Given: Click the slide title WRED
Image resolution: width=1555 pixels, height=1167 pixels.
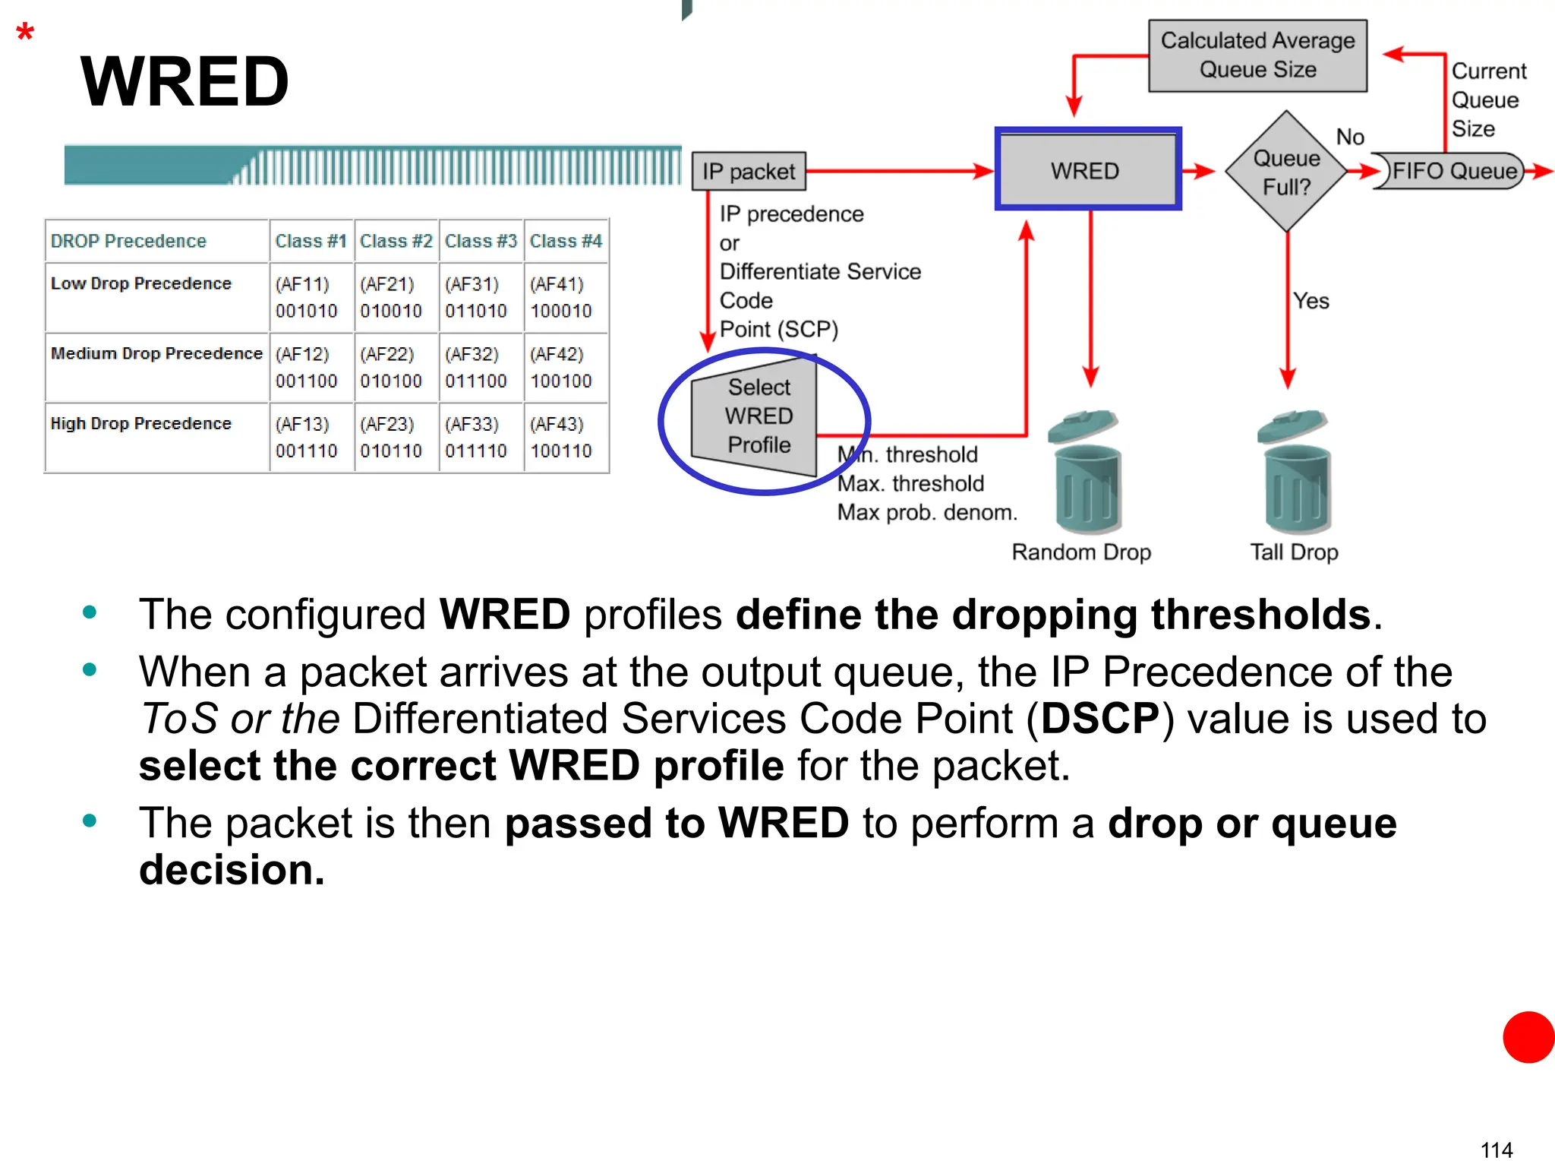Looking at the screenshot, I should [185, 81].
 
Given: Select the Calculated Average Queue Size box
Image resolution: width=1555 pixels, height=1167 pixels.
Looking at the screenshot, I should [1257, 55].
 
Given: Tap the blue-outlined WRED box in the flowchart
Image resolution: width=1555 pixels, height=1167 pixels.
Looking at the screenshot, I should [1087, 169].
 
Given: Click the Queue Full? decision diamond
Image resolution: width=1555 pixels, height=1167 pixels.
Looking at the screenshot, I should [1286, 172].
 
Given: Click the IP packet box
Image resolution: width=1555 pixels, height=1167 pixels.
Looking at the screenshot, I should [749, 172].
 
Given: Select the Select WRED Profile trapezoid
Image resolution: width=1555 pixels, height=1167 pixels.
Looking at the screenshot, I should [756, 416].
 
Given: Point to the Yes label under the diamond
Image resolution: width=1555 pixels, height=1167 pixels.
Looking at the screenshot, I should [1311, 301].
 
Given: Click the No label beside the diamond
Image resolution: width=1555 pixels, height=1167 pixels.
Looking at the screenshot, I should [1350, 137].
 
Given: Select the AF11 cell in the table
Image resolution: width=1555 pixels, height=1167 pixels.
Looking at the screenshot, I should [307, 297].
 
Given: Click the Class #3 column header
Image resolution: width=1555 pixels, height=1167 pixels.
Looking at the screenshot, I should [481, 241].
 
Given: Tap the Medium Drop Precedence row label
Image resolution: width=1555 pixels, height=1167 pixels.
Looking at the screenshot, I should [156, 353].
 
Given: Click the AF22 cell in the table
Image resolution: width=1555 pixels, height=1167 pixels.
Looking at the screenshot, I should [391, 367].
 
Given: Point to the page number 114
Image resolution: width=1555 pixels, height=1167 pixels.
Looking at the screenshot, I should [1496, 1150].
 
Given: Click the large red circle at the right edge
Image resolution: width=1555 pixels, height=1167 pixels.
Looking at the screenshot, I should [1529, 1036].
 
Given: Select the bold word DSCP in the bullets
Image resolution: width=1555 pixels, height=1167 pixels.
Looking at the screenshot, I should [1099, 719].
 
